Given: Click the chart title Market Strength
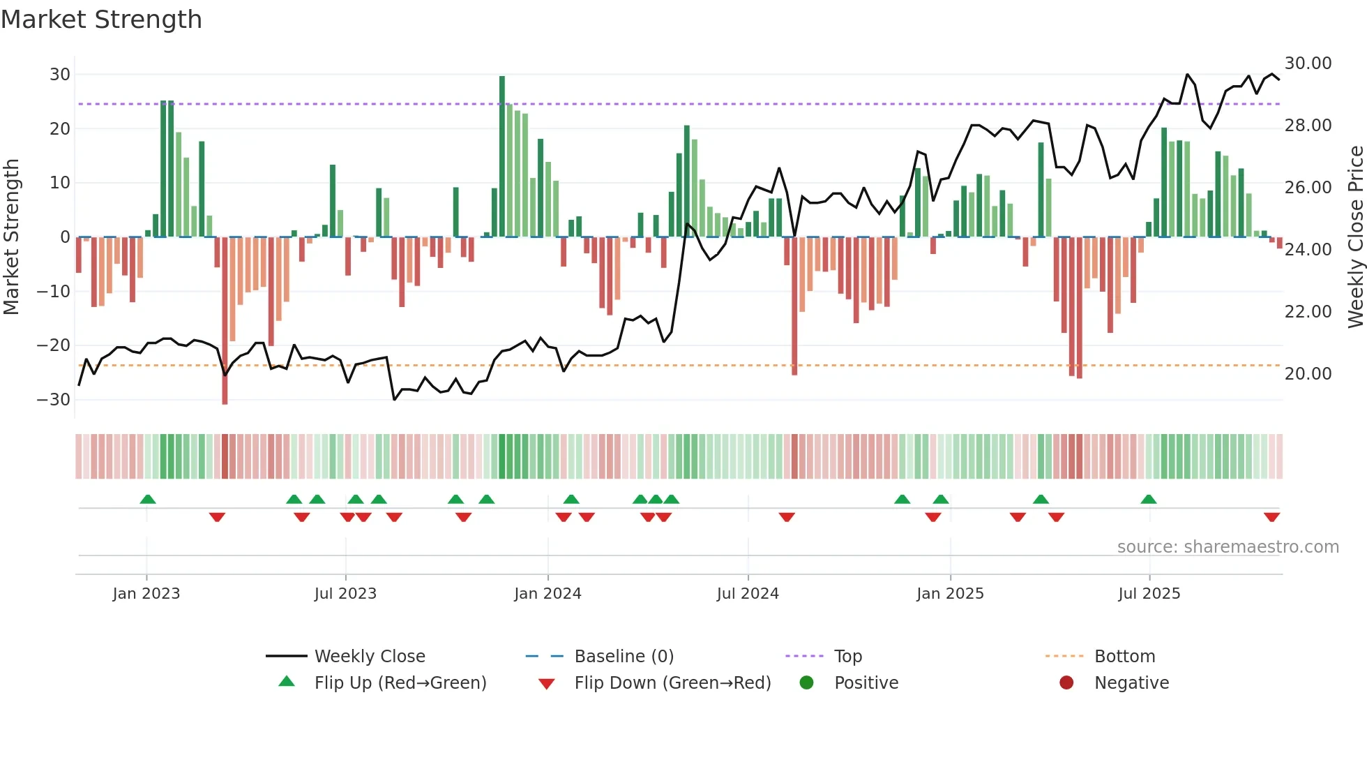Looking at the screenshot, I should [102, 20].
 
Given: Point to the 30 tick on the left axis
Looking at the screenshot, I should [60, 75].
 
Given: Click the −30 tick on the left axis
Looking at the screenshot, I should [54, 400].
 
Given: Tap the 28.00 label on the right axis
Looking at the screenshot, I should [1308, 126].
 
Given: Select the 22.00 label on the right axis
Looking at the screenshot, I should [1308, 312].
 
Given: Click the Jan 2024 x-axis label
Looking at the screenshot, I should [547, 594].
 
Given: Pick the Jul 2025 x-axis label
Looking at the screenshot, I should [1149, 594].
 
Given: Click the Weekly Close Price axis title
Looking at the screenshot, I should [1355, 237].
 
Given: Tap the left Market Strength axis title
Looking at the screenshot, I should [12, 237].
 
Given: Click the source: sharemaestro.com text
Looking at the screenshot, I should [1228, 547].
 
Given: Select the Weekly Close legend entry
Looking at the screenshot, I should [369, 657].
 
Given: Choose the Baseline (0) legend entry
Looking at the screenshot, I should [624, 657].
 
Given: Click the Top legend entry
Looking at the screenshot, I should [847, 657].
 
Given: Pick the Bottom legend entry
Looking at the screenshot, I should [1124, 657].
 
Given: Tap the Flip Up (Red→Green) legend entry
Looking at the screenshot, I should [400, 683].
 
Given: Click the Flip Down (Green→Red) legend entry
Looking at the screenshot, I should [672, 683].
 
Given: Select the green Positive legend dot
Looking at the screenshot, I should [807, 683].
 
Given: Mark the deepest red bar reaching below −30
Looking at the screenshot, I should [225, 321].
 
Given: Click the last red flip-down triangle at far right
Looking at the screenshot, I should [1271, 517].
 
